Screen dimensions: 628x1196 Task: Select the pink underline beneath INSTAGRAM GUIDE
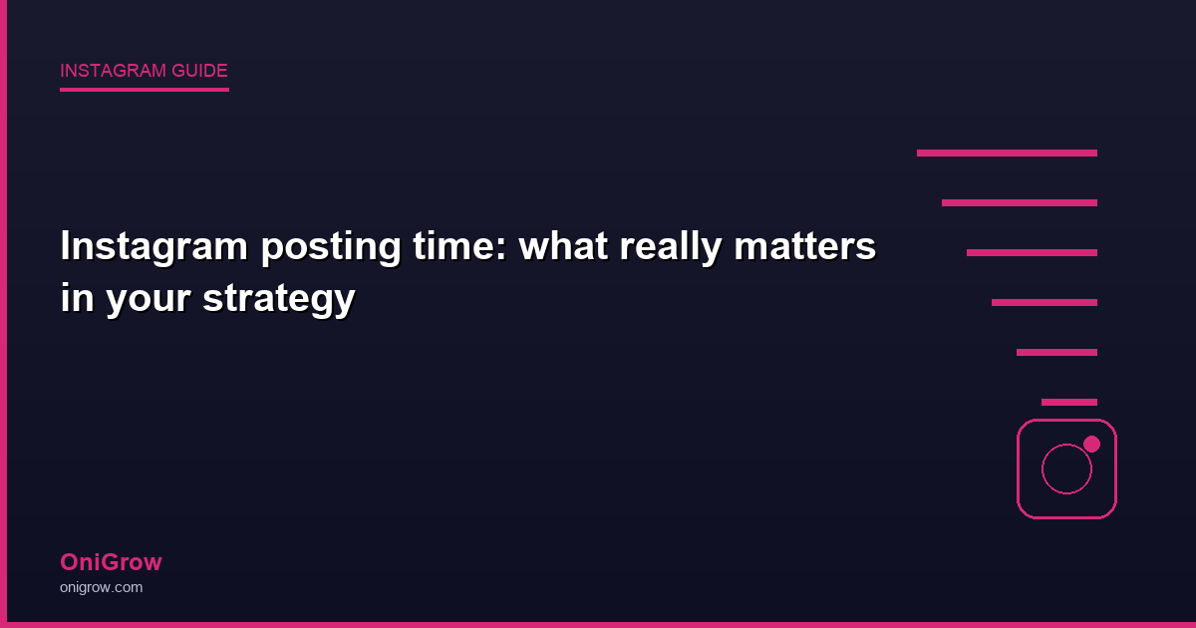coord(145,90)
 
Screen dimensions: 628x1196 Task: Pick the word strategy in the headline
coord(278,299)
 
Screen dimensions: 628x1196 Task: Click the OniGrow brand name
coord(111,562)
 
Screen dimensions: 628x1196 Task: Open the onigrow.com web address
coord(101,587)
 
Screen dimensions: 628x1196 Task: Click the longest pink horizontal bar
coord(1007,153)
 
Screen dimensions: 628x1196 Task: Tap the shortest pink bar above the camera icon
coord(1069,402)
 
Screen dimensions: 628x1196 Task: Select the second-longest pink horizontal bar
coord(1020,202)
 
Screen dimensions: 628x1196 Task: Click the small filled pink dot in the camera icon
coord(1091,444)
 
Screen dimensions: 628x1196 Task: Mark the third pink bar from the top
coord(1032,252)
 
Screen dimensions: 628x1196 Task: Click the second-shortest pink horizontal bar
coord(1056,352)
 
